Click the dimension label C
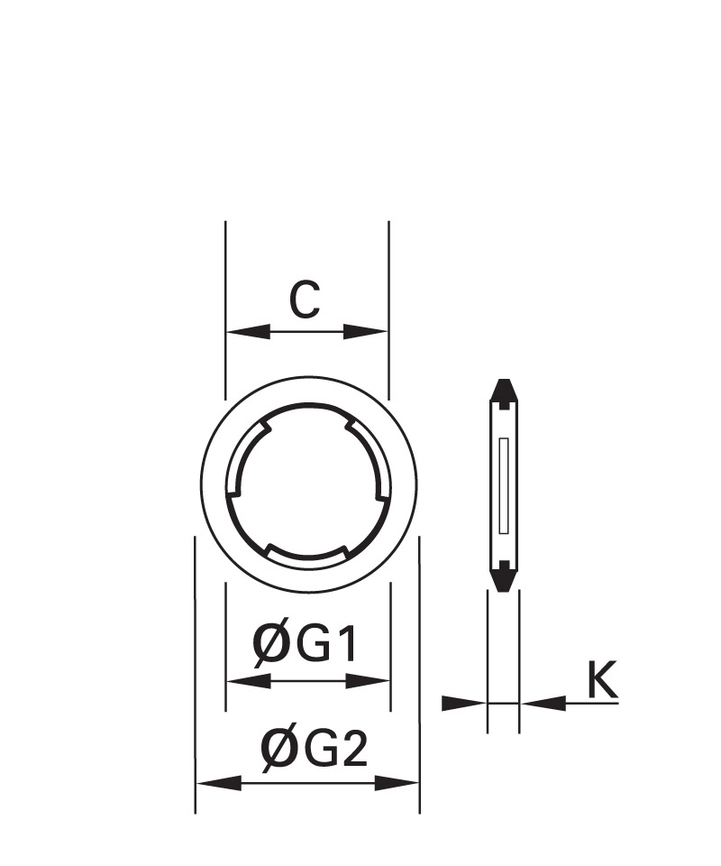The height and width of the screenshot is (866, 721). [x=305, y=299]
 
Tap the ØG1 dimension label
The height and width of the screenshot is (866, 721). [x=305, y=644]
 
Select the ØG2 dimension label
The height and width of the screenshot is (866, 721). [x=314, y=749]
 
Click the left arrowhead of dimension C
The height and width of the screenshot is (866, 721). [x=248, y=332]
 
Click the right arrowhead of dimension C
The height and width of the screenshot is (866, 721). [x=365, y=332]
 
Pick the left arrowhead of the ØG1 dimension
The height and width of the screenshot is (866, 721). [x=248, y=681]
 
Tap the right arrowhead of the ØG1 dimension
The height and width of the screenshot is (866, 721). [x=368, y=681]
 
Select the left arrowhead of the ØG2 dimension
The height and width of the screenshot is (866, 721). [x=219, y=783]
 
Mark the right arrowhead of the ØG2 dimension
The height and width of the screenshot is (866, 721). [x=397, y=783]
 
